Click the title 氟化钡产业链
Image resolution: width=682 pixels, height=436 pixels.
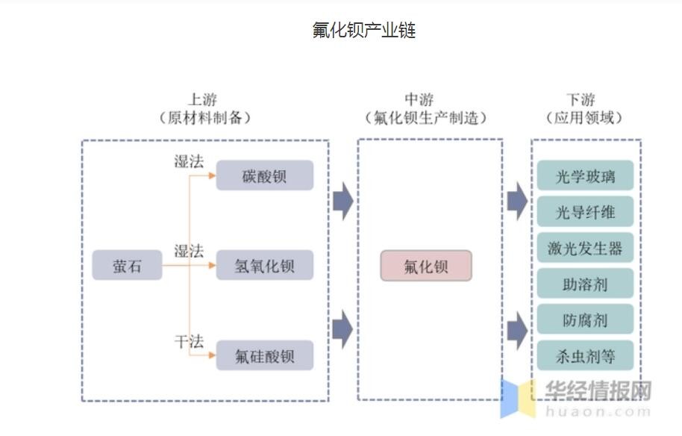[x=363, y=31]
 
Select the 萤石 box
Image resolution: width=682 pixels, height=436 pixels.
[x=127, y=266]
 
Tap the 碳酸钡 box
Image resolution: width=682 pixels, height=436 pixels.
[x=265, y=176]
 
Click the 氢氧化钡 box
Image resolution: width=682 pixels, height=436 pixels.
[x=265, y=266]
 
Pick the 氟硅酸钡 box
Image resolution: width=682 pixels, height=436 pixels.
[x=265, y=356]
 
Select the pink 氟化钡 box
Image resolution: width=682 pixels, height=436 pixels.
[x=426, y=266]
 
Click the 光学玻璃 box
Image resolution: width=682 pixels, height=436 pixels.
[x=585, y=176]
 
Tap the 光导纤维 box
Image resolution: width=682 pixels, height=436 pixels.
[x=585, y=212]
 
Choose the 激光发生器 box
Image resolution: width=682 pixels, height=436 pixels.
[x=585, y=248]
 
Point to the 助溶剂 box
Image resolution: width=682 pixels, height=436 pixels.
[x=585, y=284]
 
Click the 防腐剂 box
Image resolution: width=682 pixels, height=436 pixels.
[x=585, y=320]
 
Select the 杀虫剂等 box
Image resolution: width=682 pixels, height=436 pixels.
[x=585, y=355]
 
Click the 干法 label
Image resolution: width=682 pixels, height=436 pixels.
[x=189, y=341]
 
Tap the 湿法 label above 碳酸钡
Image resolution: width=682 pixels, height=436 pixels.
[x=189, y=161]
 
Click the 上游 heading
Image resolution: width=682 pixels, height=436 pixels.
[x=204, y=99]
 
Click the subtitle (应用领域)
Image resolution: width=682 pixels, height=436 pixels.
[x=584, y=117]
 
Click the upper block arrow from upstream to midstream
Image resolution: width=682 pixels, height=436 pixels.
[x=342, y=201]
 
